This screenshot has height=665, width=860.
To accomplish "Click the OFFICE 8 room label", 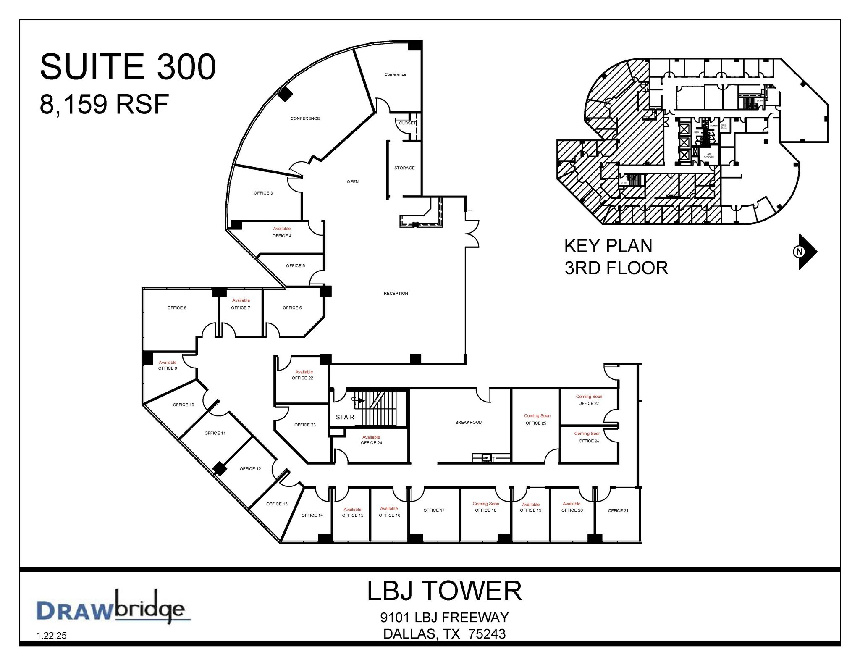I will pos(176,308).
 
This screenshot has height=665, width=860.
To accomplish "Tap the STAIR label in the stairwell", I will pos(345,417).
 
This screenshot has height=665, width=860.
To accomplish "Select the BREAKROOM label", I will pos(469,423).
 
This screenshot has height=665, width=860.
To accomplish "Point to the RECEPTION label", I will pos(396,294).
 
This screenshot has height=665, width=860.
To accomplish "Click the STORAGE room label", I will pos(404,168).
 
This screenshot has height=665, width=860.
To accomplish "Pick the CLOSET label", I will pos(407,123).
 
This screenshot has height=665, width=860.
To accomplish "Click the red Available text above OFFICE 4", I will pos(282,229).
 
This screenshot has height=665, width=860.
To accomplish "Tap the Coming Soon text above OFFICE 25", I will pos(537,416).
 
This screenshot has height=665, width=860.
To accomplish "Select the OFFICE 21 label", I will pos(618,511).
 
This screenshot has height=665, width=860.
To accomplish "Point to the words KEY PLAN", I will pos(608,246).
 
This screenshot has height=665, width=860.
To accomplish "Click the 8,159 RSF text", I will pos(104,104).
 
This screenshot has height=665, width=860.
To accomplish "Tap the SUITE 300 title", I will pos(128,67).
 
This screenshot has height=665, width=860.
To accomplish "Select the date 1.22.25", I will pos(52,636).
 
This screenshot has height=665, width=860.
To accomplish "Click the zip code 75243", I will pos(487,633).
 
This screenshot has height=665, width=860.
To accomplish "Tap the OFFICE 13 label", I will pos(277,504).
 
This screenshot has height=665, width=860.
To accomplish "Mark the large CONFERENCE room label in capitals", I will pos(305,118).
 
